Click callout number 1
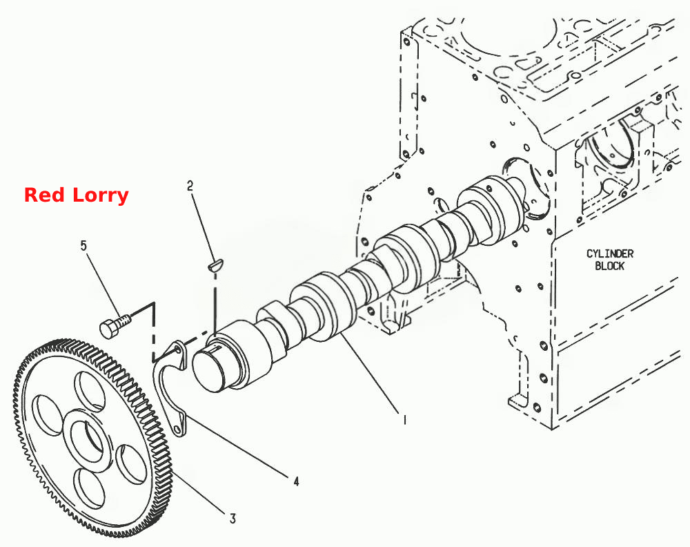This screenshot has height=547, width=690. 404,420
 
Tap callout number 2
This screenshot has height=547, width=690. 190,186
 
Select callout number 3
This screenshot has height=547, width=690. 233,519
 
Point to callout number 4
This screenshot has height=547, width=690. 296,481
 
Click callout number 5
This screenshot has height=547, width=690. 83,245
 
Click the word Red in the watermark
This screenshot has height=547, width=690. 44,195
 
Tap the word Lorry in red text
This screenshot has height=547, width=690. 101,195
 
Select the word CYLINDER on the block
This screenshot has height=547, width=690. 609,253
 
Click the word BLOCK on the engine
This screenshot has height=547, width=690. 609,266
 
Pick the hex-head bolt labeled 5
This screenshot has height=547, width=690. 115,325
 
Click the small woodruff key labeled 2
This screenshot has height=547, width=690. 215,265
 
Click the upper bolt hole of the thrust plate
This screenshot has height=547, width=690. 177,349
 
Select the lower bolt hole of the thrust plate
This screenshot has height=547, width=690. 177,428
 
